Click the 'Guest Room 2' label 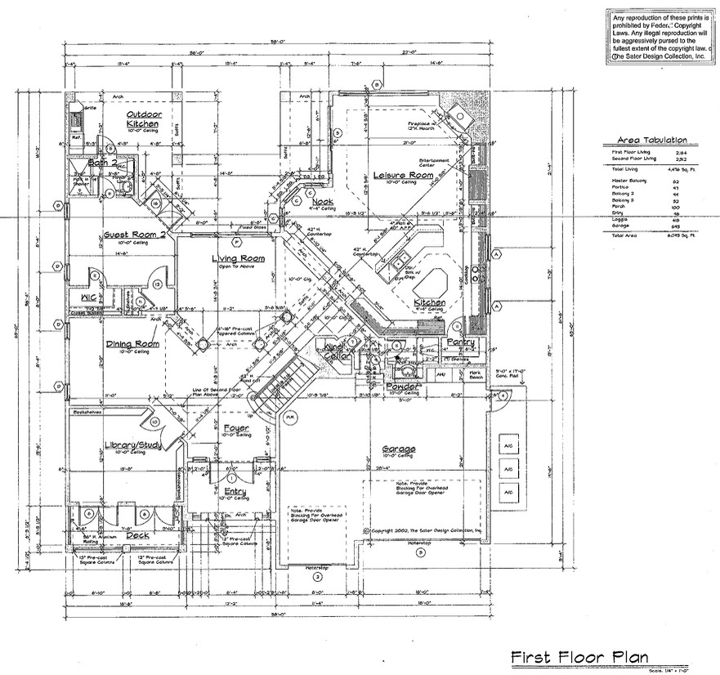[x=135, y=235]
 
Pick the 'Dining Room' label [x=132, y=344]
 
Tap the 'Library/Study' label [x=134, y=445]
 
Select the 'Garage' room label [x=399, y=449]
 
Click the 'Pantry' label [x=460, y=341]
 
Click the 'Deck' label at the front [x=137, y=535]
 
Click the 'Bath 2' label [x=101, y=163]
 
